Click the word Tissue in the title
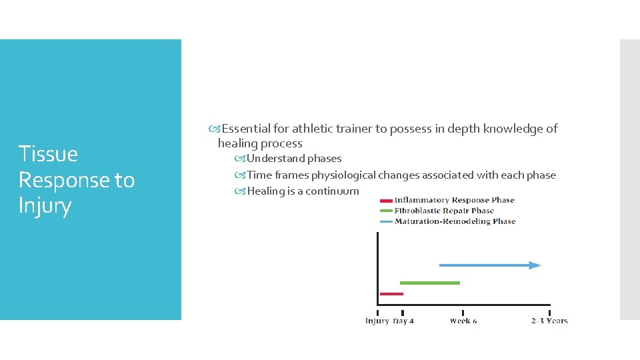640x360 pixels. [x=48, y=154]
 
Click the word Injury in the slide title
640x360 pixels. [x=45, y=206]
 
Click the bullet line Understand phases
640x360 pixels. [x=293, y=159]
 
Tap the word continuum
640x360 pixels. [x=332, y=191]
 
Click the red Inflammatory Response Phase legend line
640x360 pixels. [x=385, y=200]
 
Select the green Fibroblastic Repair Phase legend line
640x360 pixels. [x=385, y=211]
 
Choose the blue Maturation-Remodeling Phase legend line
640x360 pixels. [x=385, y=221]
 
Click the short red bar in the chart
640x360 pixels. [x=391, y=293]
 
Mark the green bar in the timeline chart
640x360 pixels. [x=430, y=283]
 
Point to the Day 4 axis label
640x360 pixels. [x=403, y=321]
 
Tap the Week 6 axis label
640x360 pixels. [x=463, y=321]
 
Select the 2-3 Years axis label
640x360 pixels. [x=549, y=321]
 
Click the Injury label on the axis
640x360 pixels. [x=377, y=321]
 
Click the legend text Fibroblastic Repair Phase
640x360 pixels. [x=444, y=211]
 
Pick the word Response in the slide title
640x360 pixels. [x=77, y=180]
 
